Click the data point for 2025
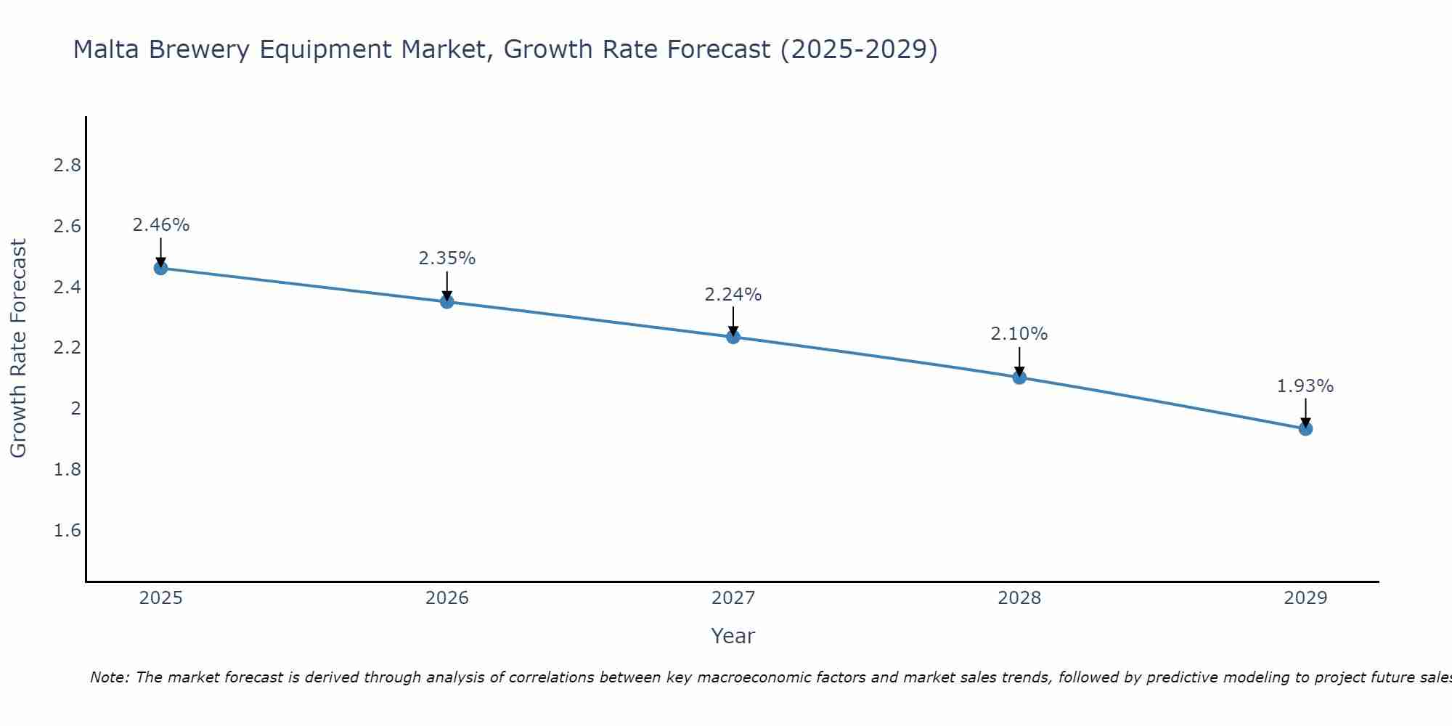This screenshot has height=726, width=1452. (x=160, y=268)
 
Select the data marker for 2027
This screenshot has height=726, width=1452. (x=733, y=337)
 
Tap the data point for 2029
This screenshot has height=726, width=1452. (x=1305, y=428)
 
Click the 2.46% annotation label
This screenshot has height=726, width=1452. (x=160, y=225)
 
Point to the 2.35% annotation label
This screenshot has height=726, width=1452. (x=446, y=258)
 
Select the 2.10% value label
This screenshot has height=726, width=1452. (x=1019, y=334)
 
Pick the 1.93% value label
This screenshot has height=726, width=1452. (x=1305, y=386)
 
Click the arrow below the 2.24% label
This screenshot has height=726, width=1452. (x=733, y=320)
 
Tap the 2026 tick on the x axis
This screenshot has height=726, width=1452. (x=446, y=598)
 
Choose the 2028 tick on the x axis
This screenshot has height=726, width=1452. (x=1019, y=598)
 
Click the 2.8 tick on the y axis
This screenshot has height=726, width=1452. (x=67, y=166)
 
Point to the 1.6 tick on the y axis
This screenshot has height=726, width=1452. (x=67, y=531)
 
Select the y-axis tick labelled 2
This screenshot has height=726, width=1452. (x=76, y=409)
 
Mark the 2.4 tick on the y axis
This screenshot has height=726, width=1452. (x=67, y=287)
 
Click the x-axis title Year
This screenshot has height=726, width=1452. (x=733, y=636)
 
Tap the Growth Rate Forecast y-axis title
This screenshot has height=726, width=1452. (x=18, y=348)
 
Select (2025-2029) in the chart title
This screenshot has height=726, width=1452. (x=858, y=49)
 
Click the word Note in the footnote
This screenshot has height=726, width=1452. (x=109, y=677)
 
